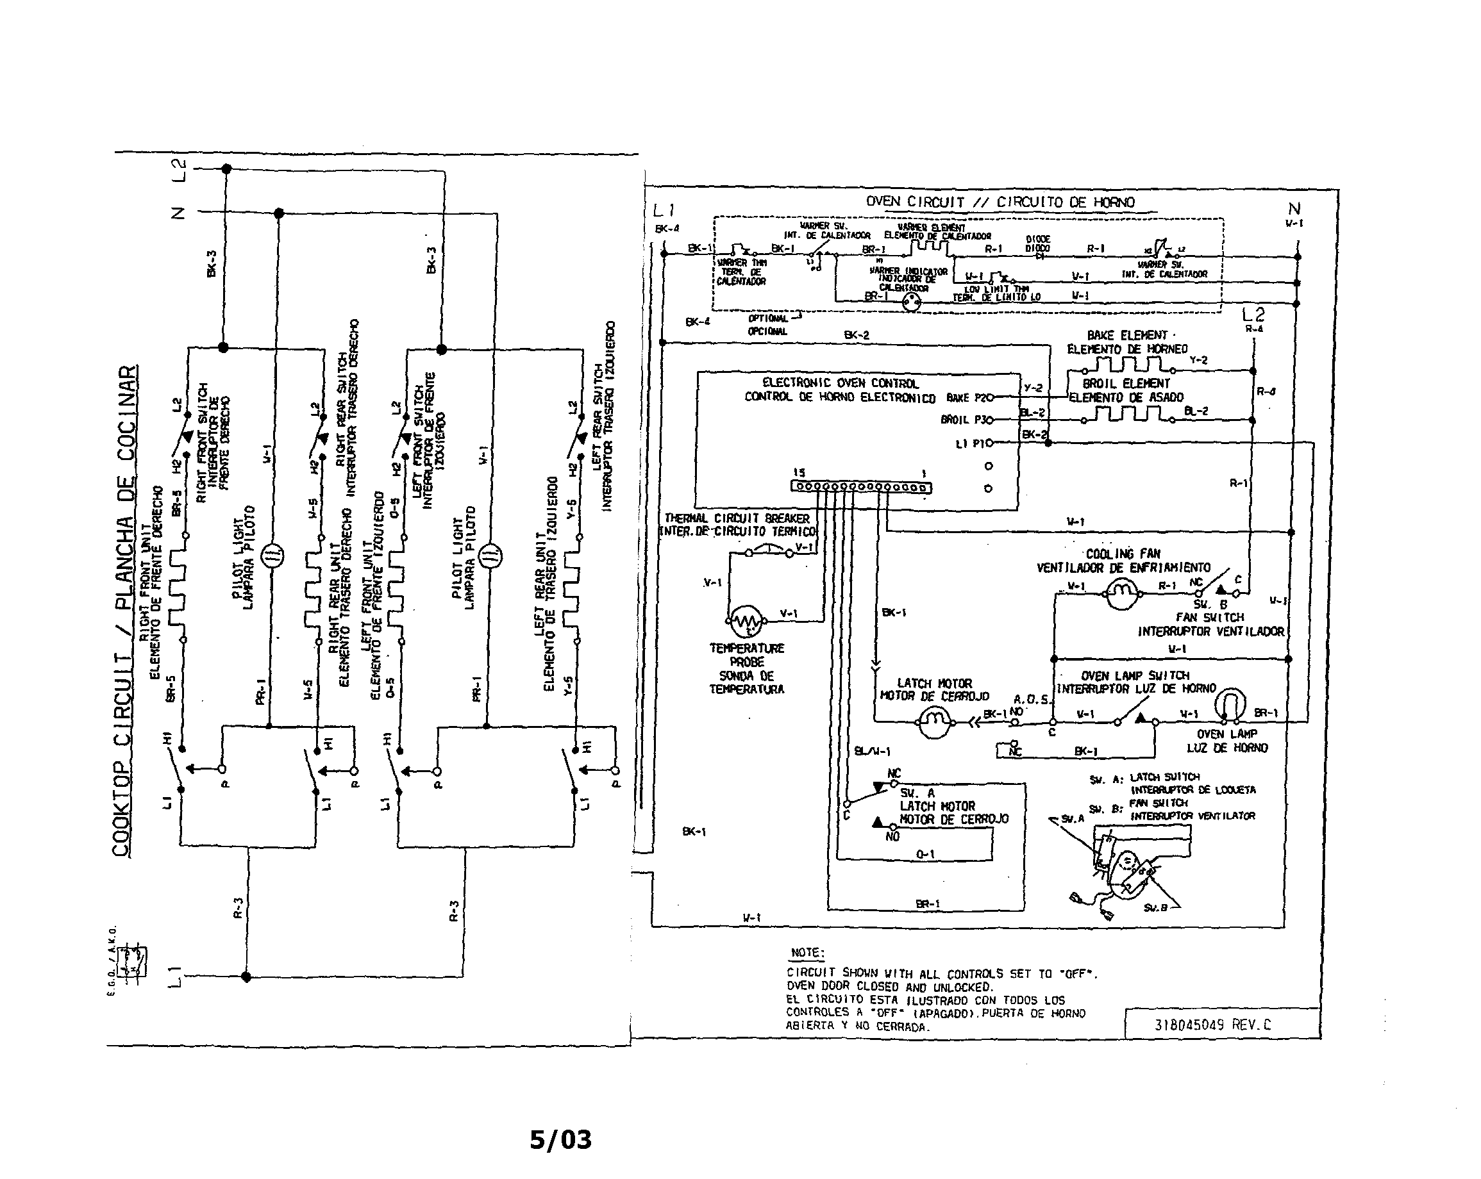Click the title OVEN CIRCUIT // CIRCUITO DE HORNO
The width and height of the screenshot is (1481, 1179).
coord(1000,202)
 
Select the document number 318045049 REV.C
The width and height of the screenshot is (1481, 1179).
coord(1212,1025)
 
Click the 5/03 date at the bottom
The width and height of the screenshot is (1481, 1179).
coord(560,1140)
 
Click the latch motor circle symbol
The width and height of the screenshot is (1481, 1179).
coord(933,721)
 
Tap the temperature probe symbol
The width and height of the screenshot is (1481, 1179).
coord(745,622)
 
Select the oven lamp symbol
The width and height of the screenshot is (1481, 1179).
coord(1230,706)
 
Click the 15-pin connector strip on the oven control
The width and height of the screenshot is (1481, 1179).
coord(862,487)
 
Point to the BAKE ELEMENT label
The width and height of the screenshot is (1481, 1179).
coord(1126,335)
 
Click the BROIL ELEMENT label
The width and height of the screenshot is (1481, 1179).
coord(1126,383)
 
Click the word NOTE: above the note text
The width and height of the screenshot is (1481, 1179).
coord(807,952)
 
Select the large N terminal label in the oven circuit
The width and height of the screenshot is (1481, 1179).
coord(1294,208)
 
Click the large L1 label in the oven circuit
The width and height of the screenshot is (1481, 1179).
coord(664,211)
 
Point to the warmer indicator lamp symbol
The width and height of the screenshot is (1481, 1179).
coord(911,302)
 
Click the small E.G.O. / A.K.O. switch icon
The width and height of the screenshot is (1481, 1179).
coord(132,961)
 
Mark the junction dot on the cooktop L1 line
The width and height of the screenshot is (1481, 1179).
coord(247,977)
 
